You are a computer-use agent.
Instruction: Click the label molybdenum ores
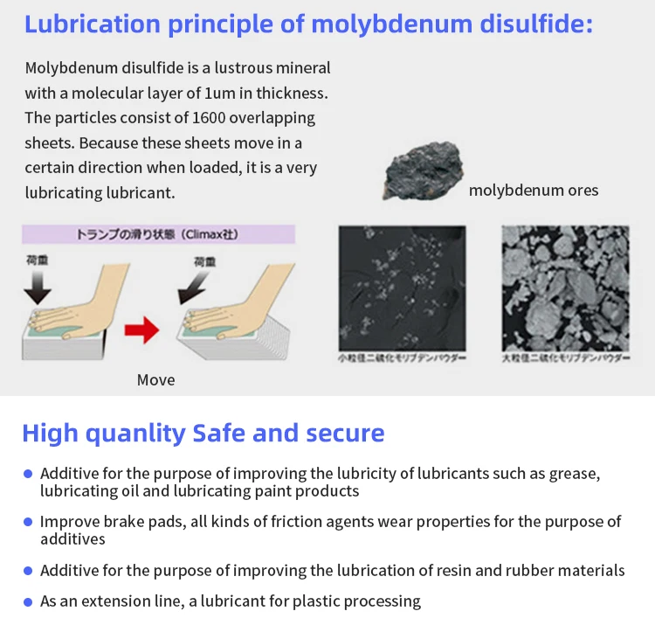pos(534,190)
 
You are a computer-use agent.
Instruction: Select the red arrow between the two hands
pos(141,330)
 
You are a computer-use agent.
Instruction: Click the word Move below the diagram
pos(155,379)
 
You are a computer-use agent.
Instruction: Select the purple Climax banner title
pos(158,234)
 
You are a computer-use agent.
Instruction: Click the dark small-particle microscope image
pos(402,288)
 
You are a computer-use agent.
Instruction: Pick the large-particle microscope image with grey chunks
pos(565,288)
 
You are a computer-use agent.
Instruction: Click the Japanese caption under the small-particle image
pos(402,359)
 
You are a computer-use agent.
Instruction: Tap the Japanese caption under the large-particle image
pos(565,359)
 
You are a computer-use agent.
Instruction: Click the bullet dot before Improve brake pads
pos(28,522)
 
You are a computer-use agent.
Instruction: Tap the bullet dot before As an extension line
pos(28,601)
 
